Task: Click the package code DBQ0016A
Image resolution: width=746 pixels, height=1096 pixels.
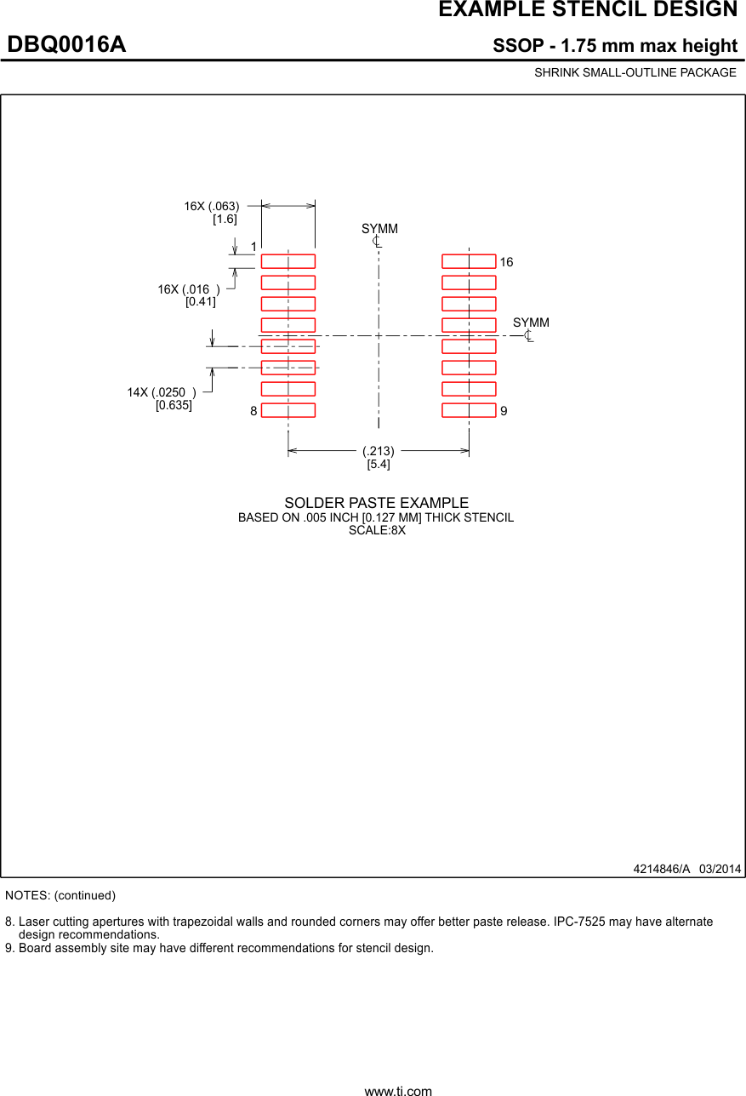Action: pos(66,45)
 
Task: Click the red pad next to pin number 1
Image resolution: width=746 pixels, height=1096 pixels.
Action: pos(288,261)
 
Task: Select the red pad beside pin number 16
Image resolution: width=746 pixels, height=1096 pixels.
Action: pos(469,261)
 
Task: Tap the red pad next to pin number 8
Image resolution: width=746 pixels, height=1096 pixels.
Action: pos(288,410)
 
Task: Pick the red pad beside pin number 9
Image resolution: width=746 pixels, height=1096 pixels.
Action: pos(469,410)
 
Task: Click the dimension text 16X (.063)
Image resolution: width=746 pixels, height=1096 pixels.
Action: pos(212,206)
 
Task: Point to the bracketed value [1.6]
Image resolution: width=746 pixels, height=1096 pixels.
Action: pos(225,219)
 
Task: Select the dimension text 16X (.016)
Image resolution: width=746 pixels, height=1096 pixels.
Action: pos(189,289)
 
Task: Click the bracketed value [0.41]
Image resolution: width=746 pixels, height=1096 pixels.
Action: pos(201,301)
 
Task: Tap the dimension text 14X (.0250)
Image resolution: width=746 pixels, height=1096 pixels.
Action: pos(162,392)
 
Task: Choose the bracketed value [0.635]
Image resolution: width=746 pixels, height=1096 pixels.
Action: pos(174,405)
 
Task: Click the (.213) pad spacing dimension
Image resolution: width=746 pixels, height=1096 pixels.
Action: pos(379,451)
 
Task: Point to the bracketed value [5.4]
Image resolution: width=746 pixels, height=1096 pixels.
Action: pos(379,464)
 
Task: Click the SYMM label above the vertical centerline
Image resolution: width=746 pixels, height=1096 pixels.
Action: pos(379,230)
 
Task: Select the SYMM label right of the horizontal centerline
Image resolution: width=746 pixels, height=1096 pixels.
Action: pos(531,323)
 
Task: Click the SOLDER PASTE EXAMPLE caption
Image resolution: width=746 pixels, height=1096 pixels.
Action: pos(376,503)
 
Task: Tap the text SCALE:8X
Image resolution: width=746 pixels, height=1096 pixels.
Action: pos(377,530)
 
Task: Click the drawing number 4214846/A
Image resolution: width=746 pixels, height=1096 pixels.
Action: pos(661,869)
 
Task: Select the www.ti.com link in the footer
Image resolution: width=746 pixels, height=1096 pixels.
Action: pos(398,1090)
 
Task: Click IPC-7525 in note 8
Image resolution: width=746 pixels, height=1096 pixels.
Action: pos(583,922)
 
